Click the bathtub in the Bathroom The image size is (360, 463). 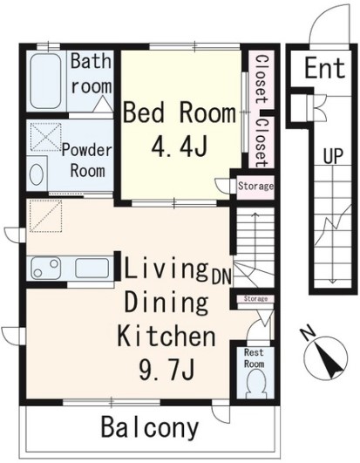click(x=46, y=81)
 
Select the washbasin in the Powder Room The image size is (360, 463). click(x=37, y=174)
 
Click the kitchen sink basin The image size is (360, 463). click(x=92, y=268)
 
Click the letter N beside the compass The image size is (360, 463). click(x=308, y=334)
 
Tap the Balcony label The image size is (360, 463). click(x=150, y=428)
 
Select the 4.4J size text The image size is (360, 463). click(x=179, y=146)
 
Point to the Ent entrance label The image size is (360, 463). click(x=325, y=69)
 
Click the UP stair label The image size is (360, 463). click(x=333, y=155)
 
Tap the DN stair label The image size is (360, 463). click(x=221, y=276)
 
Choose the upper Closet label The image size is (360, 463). click(x=262, y=79)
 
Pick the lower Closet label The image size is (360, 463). click(x=262, y=143)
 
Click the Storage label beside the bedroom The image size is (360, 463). click(x=255, y=186)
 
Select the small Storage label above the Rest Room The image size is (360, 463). click(x=255, y=299)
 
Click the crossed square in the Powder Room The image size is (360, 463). click(x=46, y=137)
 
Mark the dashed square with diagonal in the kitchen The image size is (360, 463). click(x=46, y=216)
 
